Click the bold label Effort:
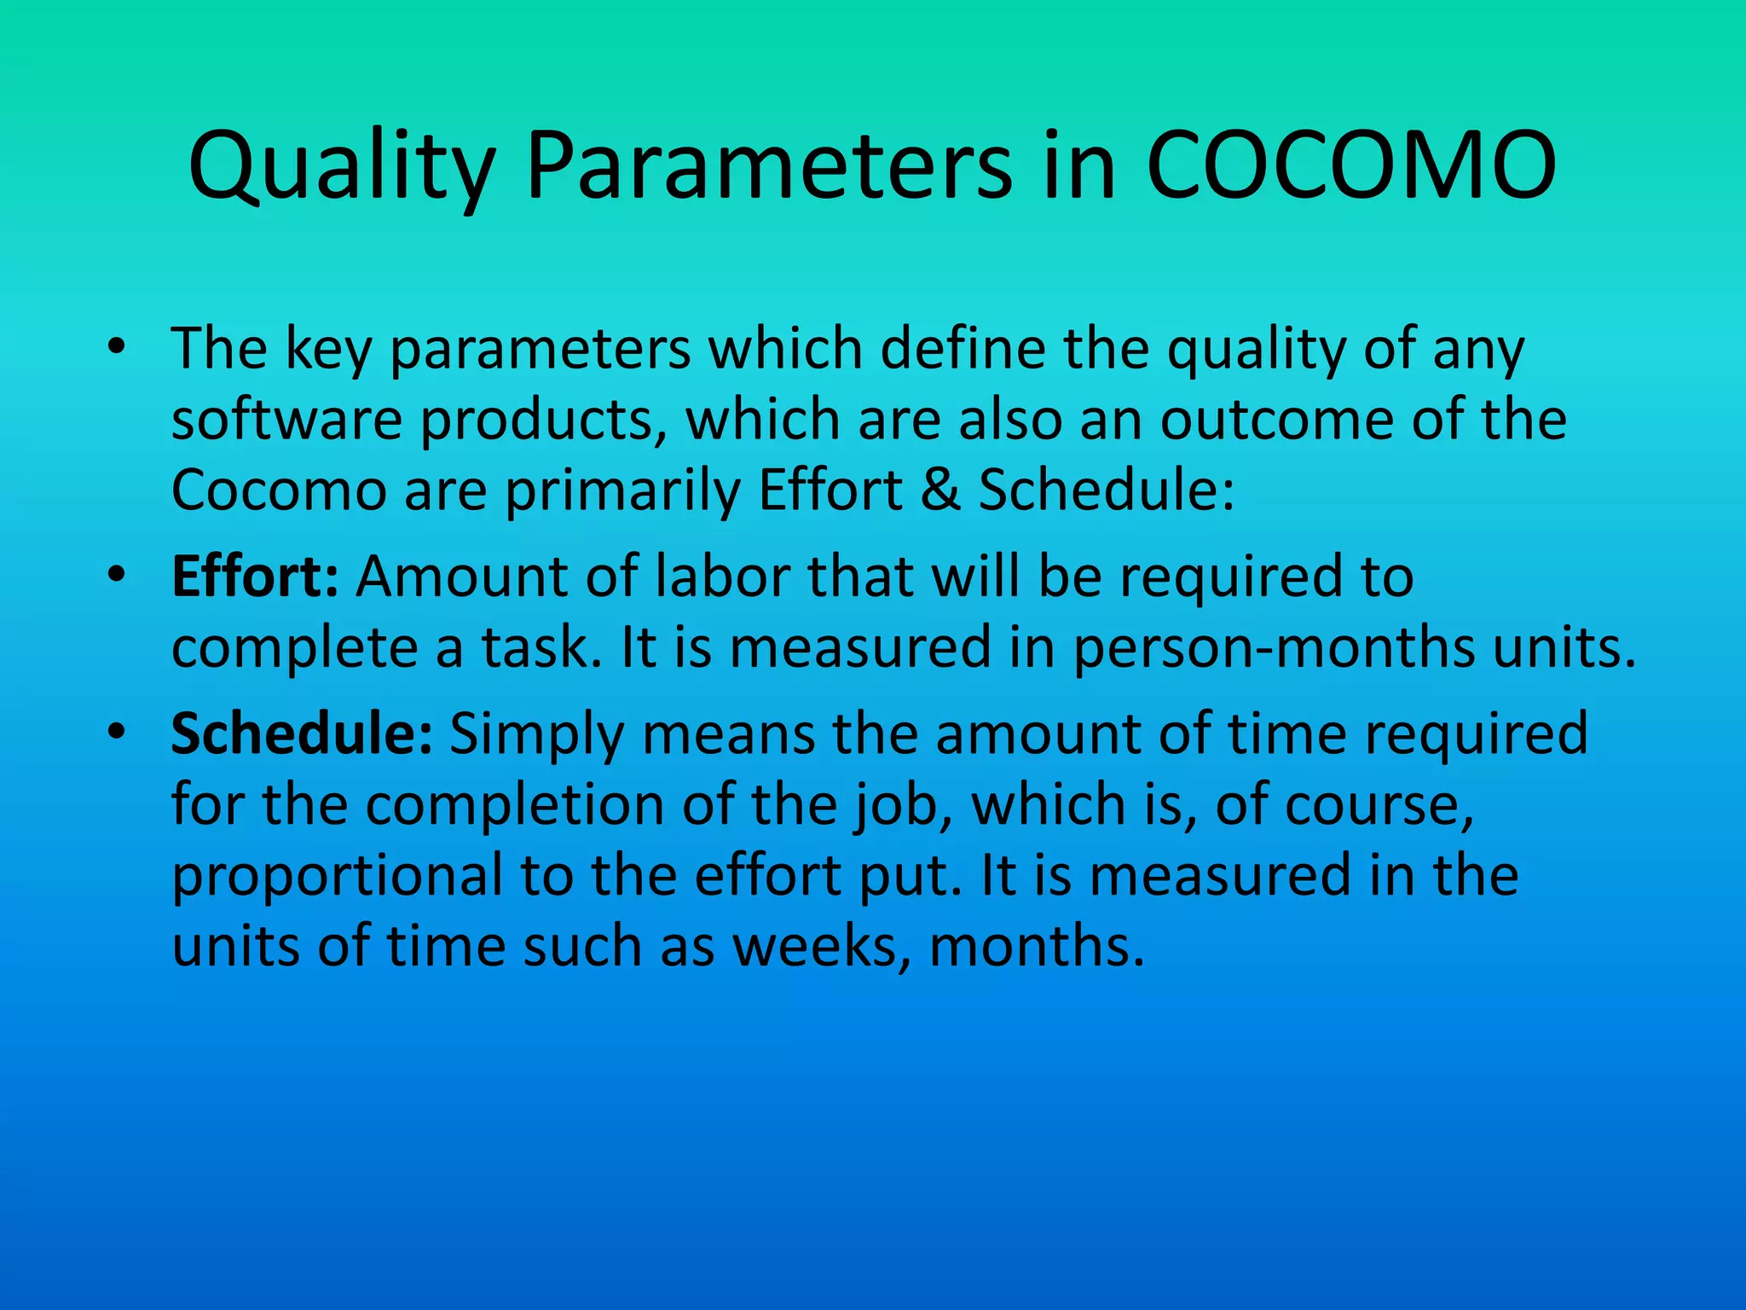pyautogui.click(x=255, y=577)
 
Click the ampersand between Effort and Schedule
pyautogui.click(x=939, y=490)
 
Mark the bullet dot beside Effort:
pyautogui.click(x=117, y=575)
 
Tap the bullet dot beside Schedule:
pyautogui.click(x=117, y=732)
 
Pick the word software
pyautogui.click(x=286, y=420)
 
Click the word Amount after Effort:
pyautogui.click(x=461, y=577)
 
